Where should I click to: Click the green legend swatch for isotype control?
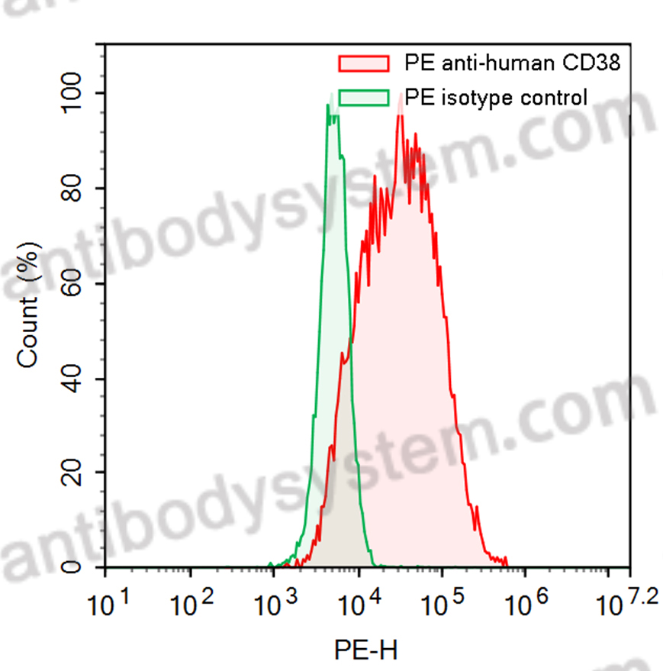(363, 98)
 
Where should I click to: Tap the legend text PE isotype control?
(496, 98)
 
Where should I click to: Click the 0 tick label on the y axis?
(83, 568)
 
